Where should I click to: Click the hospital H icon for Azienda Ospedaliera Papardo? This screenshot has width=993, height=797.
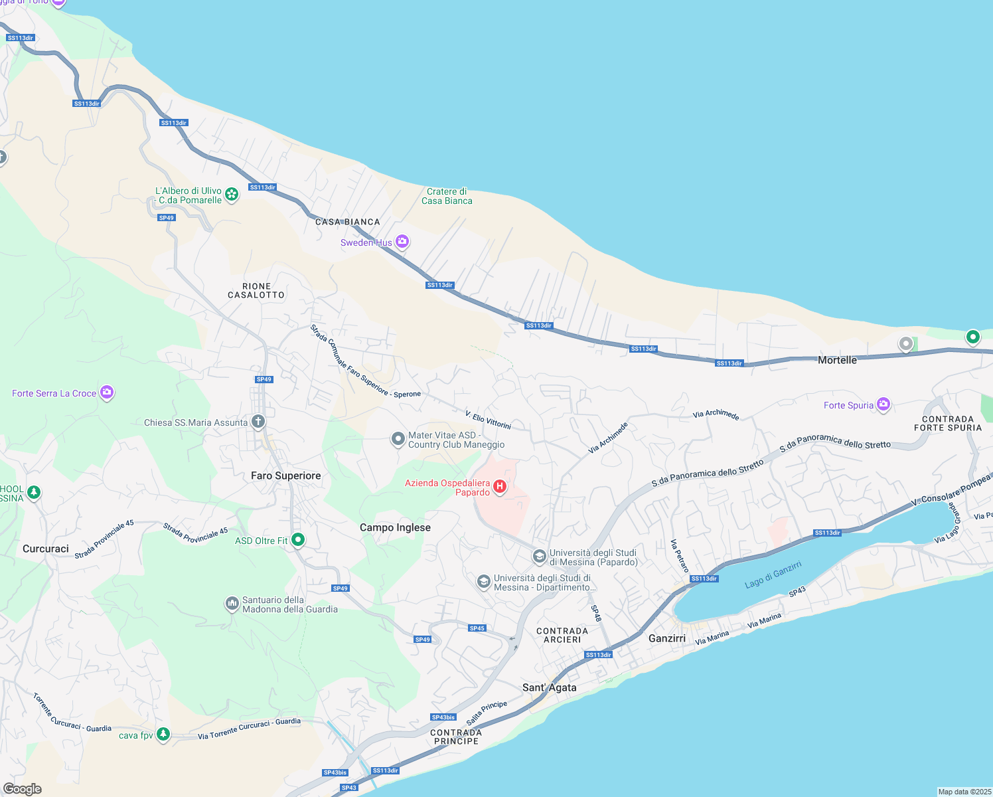coord(500,487)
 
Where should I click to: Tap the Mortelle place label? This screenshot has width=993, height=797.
coord(837,360)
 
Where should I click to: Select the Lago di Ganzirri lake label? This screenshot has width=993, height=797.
coord(773,574)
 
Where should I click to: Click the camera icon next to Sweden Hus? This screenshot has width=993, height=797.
coord(402,242)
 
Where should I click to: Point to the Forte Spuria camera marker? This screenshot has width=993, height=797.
coord(883,404)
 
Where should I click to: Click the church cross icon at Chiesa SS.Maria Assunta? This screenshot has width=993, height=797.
coord(258,422)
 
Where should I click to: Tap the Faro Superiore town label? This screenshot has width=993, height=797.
coord(285,476)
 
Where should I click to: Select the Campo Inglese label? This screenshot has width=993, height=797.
coord(395,527)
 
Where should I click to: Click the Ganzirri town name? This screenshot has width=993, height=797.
coord(666,638)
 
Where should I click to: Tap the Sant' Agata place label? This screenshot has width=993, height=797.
coord(549,687)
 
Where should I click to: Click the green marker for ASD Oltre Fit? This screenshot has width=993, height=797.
coord(298,540)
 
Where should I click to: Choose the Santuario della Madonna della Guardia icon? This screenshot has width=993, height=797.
coord(232,604)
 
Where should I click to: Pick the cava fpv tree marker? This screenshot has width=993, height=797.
coord(163,735)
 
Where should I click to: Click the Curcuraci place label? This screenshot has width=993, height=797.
coord(45,549)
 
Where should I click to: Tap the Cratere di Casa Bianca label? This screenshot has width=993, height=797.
coord(447,196)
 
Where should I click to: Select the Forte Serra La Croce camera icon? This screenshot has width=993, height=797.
coord(107,393)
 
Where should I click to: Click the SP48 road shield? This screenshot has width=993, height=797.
coord(595,613)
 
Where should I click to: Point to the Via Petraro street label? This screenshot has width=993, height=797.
coord(679,556)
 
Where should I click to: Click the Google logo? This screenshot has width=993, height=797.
coord(22,789)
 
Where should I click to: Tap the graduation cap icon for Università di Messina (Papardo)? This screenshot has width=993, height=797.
coord(540,556)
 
